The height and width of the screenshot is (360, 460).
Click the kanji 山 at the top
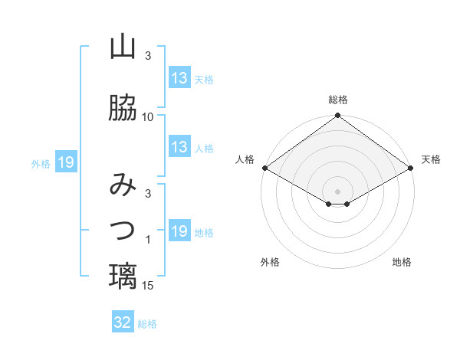pyautogui.click(x=123, y=47)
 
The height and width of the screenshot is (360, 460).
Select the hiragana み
pyautogui.click(x=123, y=186)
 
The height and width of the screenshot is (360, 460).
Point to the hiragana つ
pyautogui.click(x=123, y=229)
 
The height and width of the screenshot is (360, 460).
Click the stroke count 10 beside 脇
pyautogui.click(x=148, y=117)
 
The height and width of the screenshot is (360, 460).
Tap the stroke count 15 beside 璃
pyautogui.click(x=148, y=286)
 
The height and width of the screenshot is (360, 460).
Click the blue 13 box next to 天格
pyautogui.click(x=179, y=78)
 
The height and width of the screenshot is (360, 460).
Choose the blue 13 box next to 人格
pyautogui.click(x=179, y=147)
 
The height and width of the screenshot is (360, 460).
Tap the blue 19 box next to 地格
pyautogui.click(x=179, y=231)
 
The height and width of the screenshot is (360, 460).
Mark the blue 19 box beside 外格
pyautogui.click(x=65, y=162)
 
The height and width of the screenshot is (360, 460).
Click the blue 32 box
pyautogui.click(x=123, y=322)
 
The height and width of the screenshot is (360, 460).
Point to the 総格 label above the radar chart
pyautogui.click(x=338, y=100)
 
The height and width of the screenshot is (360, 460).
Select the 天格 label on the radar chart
pyautogui.click(x=431, y=159)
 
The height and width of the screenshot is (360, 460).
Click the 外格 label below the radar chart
pyautogui.click(x=270, y=262)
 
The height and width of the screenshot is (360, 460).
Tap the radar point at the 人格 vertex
pyautogui.click(x=264, y=168)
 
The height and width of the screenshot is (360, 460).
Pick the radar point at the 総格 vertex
pyautogui.click(x=338, y=116)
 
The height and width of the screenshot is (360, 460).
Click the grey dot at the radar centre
pyautogui.click(x=338, y=190)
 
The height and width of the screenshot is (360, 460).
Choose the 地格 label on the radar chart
pyautogui.click(x=402, y=262)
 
